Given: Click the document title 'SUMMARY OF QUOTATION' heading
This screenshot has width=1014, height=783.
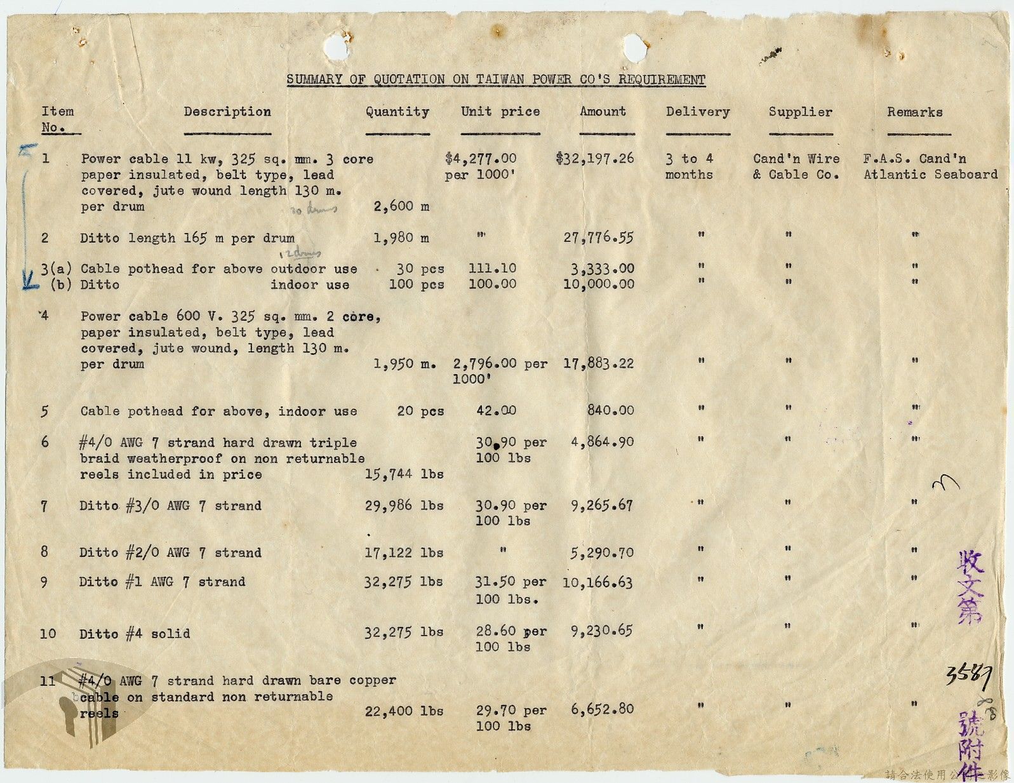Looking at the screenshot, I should click(x=495, y=79).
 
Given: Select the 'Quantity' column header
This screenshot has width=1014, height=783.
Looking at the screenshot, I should click(x=397, y=112).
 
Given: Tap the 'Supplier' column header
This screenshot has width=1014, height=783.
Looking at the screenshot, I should click(x=800, y=112).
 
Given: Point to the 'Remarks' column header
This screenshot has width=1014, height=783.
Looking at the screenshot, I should click(x=914, y=112).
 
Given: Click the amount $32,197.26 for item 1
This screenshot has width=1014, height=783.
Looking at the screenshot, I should click(x=595, y=158).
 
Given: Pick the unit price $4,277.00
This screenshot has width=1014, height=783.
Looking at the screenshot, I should click(x=481, y=158).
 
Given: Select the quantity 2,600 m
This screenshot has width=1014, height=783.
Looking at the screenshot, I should click(x=401, y=206).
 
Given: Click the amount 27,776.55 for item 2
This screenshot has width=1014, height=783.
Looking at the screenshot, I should click(x=598, y=238).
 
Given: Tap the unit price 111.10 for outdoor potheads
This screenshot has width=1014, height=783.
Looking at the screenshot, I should click(x=492, y=269).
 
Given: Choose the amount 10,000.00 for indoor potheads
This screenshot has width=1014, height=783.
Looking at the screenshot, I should click(x=598, y=284).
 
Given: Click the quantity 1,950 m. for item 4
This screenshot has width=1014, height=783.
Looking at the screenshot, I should click(x=404, y=364).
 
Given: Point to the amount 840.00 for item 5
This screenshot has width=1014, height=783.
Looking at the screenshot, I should click(x=610, y=410).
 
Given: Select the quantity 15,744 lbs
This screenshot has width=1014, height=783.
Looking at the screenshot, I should click(x=404, y=474).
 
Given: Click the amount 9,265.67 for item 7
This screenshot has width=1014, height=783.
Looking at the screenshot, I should click(x=601, y=505).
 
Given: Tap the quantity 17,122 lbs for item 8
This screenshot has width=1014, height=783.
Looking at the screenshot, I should click(x=404, y=552).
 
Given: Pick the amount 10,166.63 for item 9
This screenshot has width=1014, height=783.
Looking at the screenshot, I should click(x=597, y=582).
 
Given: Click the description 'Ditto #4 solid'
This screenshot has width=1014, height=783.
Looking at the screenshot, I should click(x=135, y=634).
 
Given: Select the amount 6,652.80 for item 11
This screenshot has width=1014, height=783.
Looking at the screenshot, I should click(x=601, y=709).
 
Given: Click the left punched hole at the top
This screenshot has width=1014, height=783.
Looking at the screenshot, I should click(x=337, y=46).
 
